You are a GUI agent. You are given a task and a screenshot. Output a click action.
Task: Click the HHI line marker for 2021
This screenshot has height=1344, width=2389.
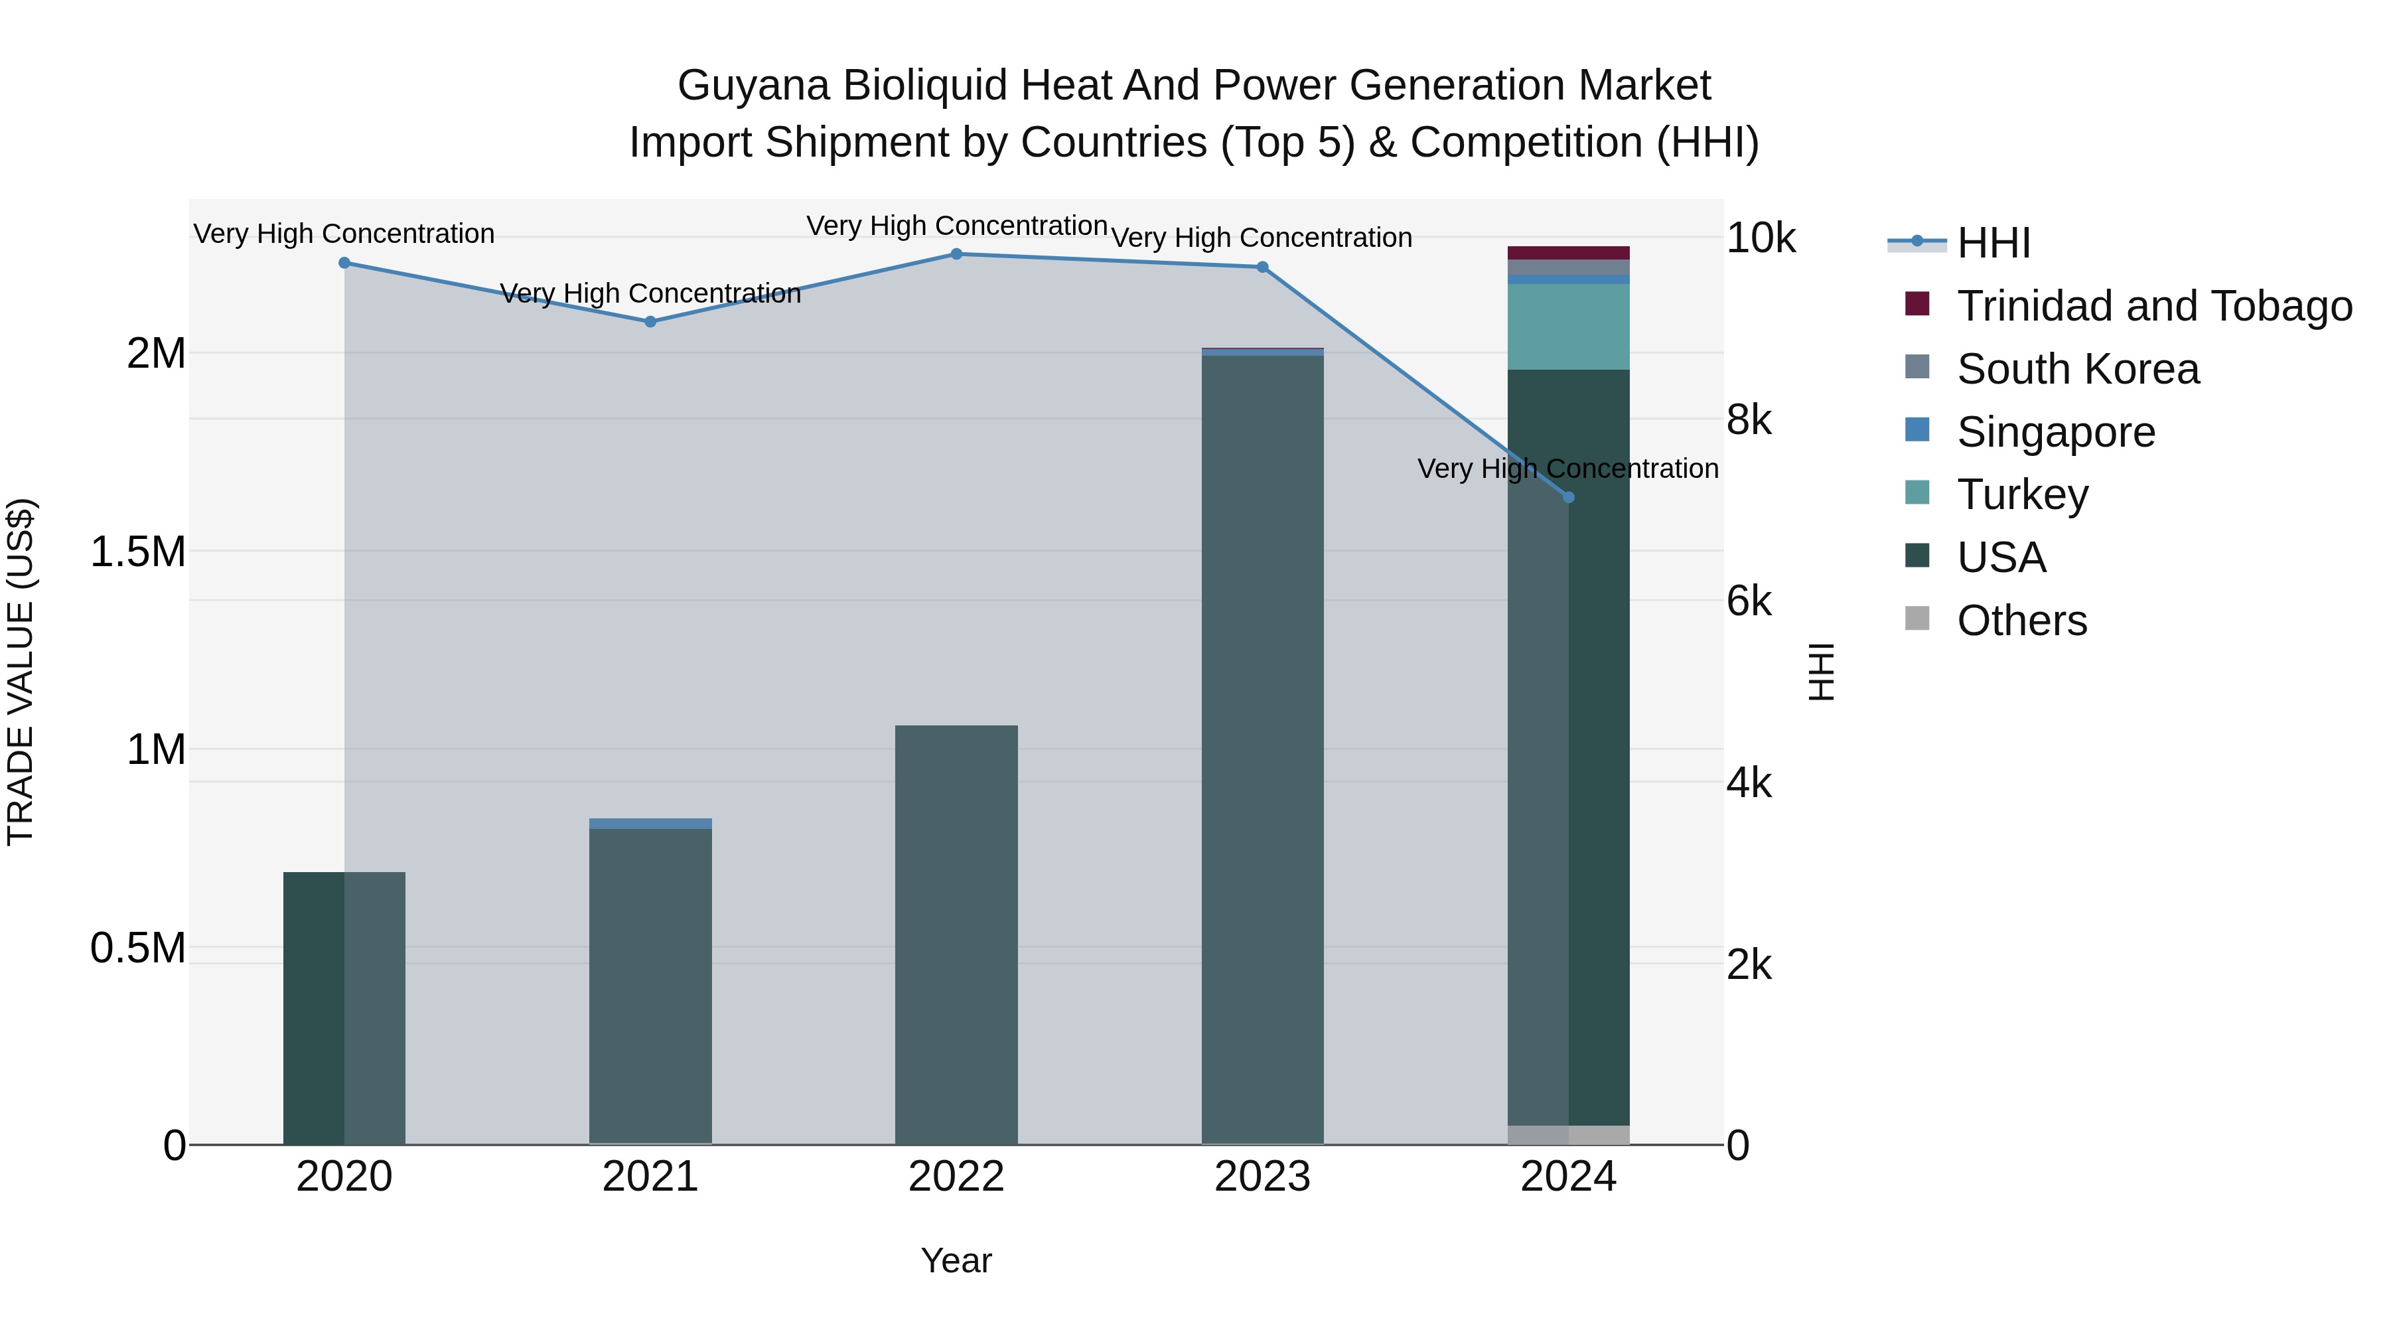[x=650, y=322]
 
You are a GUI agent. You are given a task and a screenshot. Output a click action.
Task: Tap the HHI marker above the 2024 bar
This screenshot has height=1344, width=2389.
[x=1568, y=497]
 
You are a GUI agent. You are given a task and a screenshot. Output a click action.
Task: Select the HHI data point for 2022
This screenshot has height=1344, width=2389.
[x=956, y=254]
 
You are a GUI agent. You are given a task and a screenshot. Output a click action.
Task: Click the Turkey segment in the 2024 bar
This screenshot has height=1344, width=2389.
[x=1568, y=327]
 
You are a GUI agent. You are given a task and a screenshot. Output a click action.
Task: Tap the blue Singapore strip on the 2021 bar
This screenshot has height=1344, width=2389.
[x=650, y=824]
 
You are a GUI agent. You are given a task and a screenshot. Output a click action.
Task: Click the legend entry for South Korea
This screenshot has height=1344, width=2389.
[x=2077, y=369]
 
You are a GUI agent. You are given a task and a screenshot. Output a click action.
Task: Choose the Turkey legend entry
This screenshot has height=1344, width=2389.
[x=2022, y=494]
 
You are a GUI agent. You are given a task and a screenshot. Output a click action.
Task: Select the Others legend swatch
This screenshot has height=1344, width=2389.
[x=1917, y=619]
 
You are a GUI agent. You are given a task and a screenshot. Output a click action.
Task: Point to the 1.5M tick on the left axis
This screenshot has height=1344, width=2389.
[x=137, y=552]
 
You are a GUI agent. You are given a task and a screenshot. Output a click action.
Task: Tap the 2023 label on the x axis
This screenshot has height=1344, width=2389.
[x=1262, y=1177]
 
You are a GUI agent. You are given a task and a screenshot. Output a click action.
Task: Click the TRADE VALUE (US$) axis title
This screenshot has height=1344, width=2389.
[x=21, y=672]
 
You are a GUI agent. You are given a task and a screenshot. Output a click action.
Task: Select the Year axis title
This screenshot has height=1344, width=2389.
[x=956, y=1260]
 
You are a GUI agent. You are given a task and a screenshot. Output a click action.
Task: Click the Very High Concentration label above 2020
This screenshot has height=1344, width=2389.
[x=344, y=234]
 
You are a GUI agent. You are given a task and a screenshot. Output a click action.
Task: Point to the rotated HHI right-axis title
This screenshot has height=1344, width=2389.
[x=1822, y=672]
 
